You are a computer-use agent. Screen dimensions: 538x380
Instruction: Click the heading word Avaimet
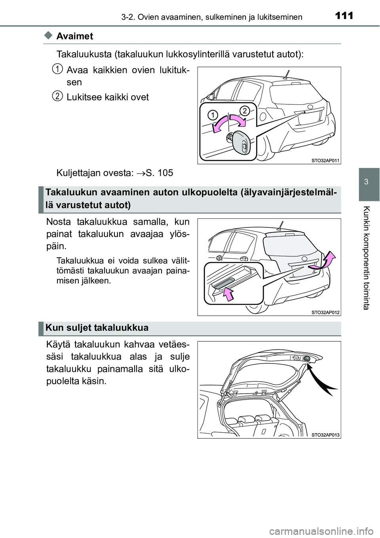pyautogui.click(x=75, y=36)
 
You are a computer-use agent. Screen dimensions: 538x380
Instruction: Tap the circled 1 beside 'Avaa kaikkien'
pyautogui.click(x=58, y=69)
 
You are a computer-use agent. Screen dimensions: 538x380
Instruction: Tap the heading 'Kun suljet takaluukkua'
pyautogui.click(x=97, y=328)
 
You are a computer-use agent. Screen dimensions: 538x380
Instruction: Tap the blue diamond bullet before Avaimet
pyautogui.click(x=49, y=36)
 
